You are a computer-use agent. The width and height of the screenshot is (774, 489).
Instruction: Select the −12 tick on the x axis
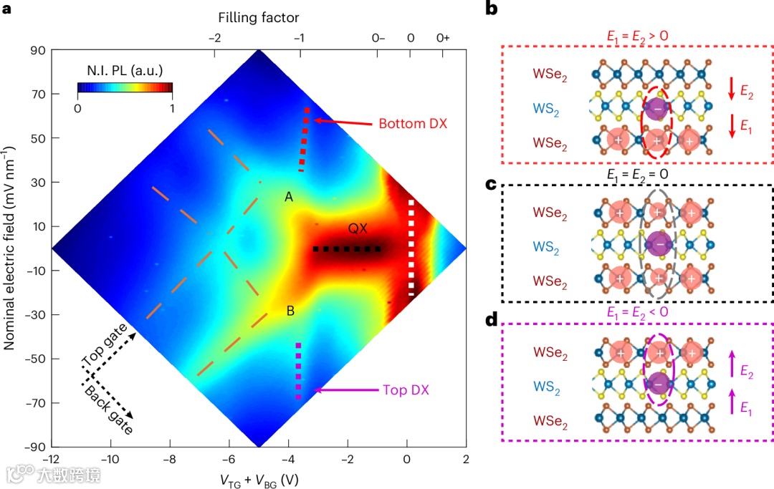[51, 459]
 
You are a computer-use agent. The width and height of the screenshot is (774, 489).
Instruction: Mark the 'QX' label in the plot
[358, 228]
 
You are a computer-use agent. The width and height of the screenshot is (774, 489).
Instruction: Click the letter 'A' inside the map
[289, 197]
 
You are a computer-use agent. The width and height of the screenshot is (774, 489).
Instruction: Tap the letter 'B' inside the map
[290, 311]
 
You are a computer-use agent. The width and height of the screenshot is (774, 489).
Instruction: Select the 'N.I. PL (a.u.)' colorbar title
[125, 71]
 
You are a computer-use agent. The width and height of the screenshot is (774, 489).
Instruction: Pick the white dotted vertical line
[411, 248]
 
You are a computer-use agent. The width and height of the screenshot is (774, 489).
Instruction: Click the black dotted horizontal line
[347, 249]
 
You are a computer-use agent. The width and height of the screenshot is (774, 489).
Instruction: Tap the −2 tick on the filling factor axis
[214, 38]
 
